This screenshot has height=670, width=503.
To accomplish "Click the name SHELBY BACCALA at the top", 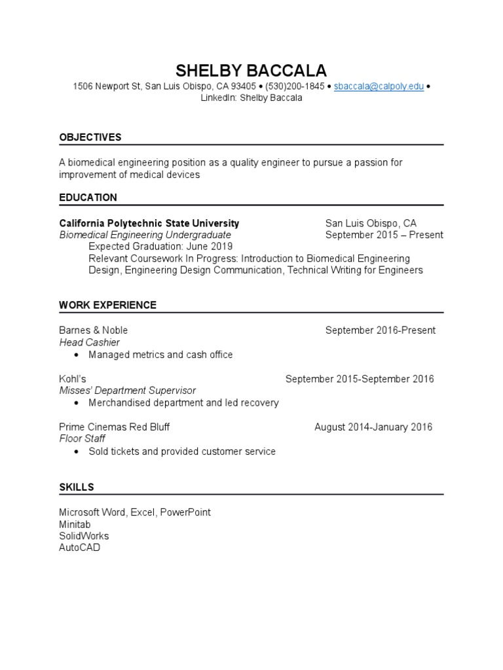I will tap(251, 71).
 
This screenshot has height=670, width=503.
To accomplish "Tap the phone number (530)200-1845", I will tap(295, 86).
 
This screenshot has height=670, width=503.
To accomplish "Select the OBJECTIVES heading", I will tap(90, 137).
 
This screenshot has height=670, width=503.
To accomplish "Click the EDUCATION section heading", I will tap(88, 198).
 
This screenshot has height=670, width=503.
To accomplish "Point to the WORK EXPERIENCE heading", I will tap(108, 305).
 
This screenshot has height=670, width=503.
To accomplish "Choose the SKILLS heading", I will tap(77, 487).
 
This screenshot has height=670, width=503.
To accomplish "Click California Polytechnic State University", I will tap(149, 223).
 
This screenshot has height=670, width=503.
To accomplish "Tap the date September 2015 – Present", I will tap(384, 235).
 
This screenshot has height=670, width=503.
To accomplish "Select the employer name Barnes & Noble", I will tap(94, 330).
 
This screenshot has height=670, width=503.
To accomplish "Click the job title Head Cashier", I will tap(90, 342).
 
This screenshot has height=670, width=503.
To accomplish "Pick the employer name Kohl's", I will tap(73, 379).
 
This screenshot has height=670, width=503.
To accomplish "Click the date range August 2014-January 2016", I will tap(373, 427).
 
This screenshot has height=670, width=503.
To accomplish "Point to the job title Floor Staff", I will tap(83, 439).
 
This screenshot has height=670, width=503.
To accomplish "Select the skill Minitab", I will tap(75, 524).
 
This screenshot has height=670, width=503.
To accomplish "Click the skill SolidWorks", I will tap(84, 536).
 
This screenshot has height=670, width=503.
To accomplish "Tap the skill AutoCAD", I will tap(80, 548).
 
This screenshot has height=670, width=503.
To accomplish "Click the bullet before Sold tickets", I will tap(77, 451).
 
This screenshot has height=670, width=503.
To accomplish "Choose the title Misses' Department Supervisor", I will tap(128, 391).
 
